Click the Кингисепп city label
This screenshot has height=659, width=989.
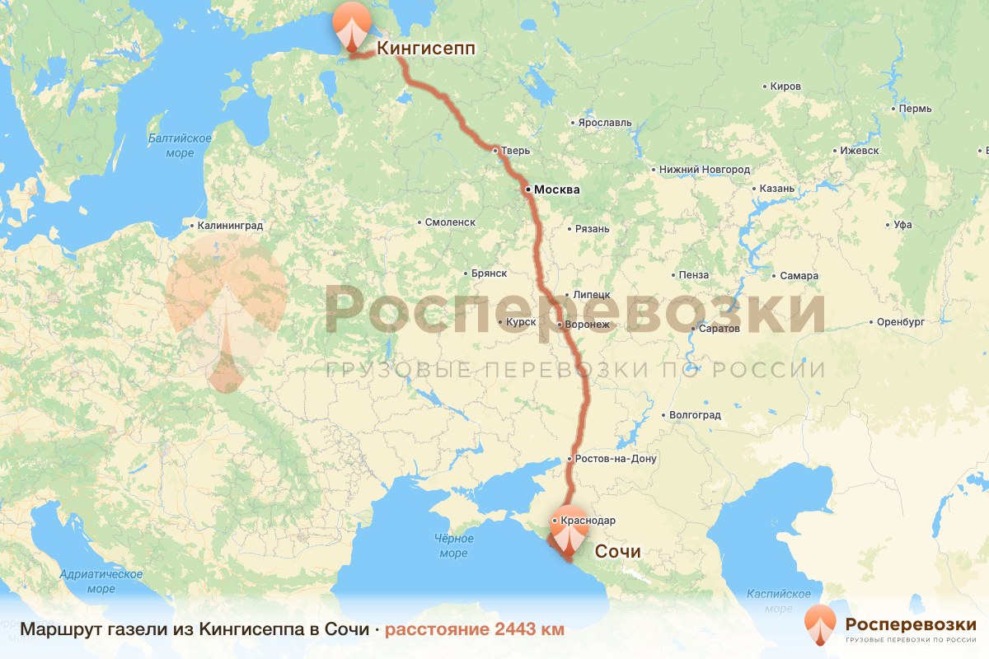[x=426, y=48]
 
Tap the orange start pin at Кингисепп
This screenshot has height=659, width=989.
[x=351, y=25]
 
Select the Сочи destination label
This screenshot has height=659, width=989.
[x=617, y=551]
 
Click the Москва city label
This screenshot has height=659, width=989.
[x=556, y=190]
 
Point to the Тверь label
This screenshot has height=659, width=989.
[x=516, y=151]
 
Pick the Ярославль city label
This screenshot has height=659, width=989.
[x=604, y=123]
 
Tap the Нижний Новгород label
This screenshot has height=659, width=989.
[x=705, y=170]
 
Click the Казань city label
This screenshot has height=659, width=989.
[x=776, y=189]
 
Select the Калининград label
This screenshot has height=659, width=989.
[x=230, y=225]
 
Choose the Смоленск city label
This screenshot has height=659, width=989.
[x=450, y=222]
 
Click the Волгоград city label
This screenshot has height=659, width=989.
[x=696, y=414]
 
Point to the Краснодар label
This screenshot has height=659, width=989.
[x=587, y=521]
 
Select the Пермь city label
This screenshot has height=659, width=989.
[x=915, y=109]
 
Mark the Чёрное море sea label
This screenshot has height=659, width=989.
[x=453, y=546]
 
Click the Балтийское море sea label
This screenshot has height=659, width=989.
[x=180, y=146]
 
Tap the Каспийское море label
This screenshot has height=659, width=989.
[x=779, y=601]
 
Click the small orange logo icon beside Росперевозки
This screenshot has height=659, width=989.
[x=820, y=623]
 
